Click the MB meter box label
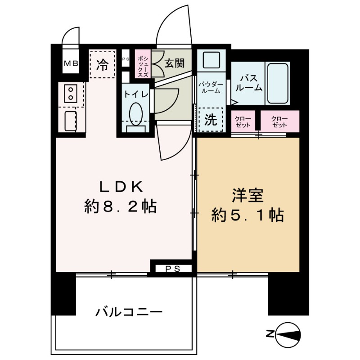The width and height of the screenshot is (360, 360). [x=70, y=64]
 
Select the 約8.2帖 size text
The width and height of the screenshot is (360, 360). [x=120, y=207]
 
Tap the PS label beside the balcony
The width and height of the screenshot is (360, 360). [x=171, y=269]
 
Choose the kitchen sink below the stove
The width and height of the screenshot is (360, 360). [x=71, y=120]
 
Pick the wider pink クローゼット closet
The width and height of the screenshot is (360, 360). [x=279, y=121]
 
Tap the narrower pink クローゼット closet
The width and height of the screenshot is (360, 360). [x=243, y=121]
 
